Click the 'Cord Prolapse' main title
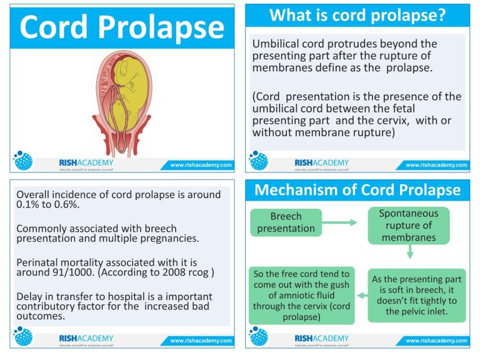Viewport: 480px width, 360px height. click(122, 27)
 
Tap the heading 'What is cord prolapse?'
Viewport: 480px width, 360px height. click(357, 15)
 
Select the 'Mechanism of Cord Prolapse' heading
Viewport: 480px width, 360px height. click(357, 189)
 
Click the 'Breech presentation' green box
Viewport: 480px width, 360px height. click(286, 222)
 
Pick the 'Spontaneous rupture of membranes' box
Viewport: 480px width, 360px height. click(409, 225)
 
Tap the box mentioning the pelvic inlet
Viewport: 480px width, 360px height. click(417, 296)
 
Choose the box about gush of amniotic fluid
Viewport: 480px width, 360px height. click(301, 296)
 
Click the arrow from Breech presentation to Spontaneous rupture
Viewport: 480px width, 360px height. click(340, 222)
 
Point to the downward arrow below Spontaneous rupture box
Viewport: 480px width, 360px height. click(410, 252)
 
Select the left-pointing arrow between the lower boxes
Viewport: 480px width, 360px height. click(362, 296)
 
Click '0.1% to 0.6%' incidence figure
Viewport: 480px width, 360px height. click(48, 204)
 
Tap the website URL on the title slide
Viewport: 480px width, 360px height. click(201, 165)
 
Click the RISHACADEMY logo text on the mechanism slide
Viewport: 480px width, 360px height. click(321, 338)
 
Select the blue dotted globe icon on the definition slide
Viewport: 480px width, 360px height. click(259, 160)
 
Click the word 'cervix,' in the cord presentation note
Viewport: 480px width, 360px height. click(392, 121)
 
